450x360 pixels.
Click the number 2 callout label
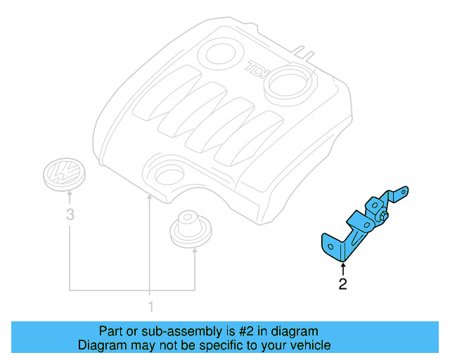click(342, 284)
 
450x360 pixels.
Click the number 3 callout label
click(70, 216)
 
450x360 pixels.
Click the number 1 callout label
click(149, 306)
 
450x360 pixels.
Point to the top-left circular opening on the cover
click(222, 53)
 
